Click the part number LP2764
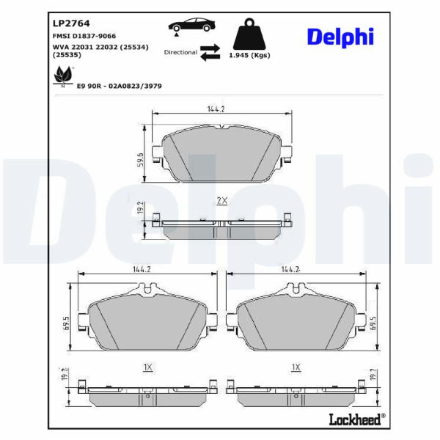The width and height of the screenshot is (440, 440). coord(71,23)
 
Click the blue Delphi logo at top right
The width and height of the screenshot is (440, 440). coord(340,37)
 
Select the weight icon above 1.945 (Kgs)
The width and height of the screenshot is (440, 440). coord(249,34)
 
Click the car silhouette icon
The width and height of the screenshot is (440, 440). coord(191,25)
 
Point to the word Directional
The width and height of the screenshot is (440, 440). coord(180,53)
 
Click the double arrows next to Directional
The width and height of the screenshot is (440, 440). coord(210,52)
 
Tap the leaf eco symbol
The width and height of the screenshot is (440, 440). coord(63,76)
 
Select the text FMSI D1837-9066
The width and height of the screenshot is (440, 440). coord(84,36)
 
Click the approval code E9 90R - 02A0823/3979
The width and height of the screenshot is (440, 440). coord(120,86)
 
